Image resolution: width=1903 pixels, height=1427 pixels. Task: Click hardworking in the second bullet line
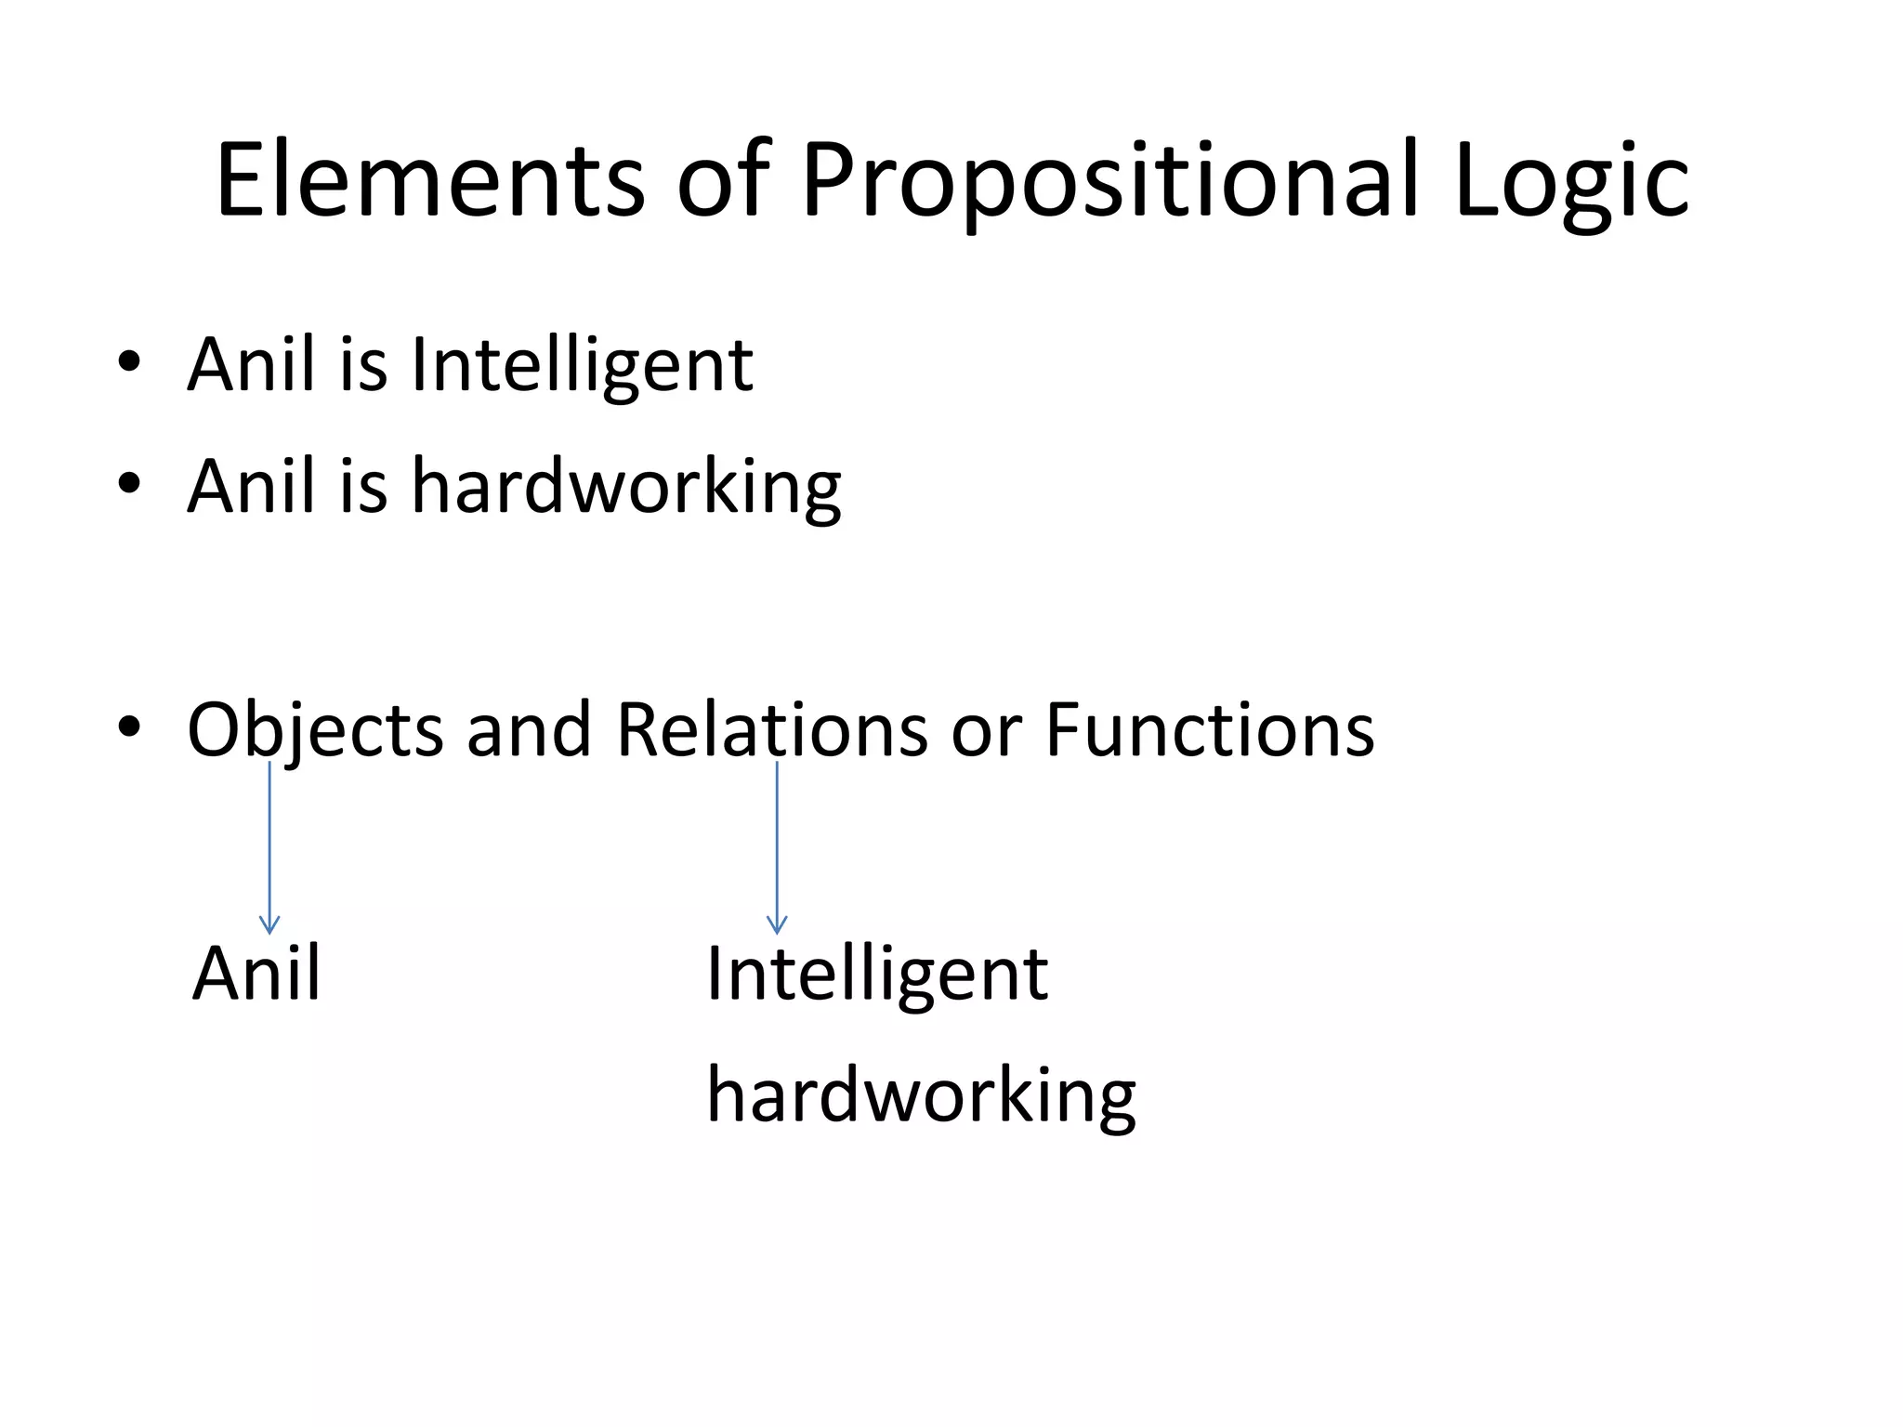pos(626,487)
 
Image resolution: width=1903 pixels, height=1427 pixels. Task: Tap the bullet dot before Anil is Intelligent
pos(129,362)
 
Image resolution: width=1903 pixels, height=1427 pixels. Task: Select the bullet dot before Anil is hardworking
pos(129,483)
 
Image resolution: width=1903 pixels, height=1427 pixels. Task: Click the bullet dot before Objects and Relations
pos(129,727)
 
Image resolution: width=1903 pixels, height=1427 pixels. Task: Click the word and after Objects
pos(529,729)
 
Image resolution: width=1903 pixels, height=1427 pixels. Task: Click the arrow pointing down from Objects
pos(269,845)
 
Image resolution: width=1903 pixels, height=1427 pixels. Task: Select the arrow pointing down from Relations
pos(777,845)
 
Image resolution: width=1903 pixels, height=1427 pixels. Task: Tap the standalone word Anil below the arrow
pos(256,973)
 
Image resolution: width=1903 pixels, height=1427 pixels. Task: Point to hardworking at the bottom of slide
pos(921,1097)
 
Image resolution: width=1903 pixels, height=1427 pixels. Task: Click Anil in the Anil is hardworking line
pos(251,485)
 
